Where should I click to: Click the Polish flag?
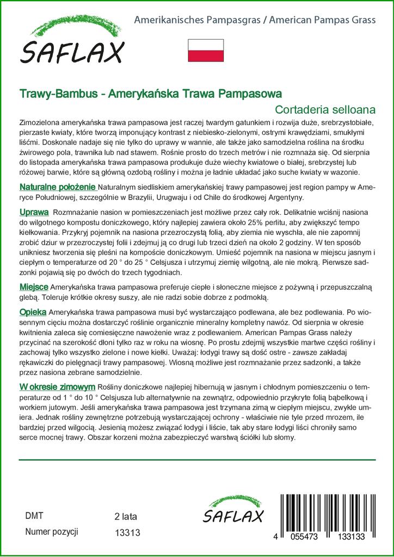coord(206,49)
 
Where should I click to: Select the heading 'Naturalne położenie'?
coord(51,187)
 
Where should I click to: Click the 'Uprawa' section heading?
coord(34,211)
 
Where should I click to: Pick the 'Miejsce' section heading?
coord(34,287)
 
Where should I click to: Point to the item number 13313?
coord(128,534)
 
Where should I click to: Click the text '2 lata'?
coord(126,516)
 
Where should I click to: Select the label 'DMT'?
coord(34,516)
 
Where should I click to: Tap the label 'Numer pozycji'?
coord(52,532)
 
